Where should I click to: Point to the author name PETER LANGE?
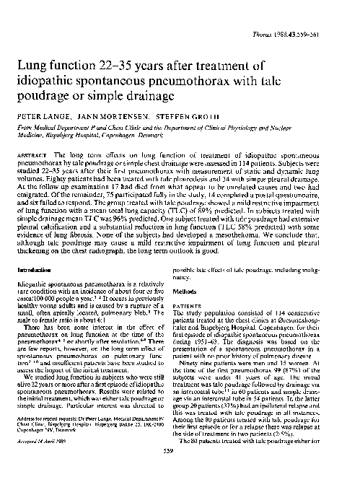coord(41,115)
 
